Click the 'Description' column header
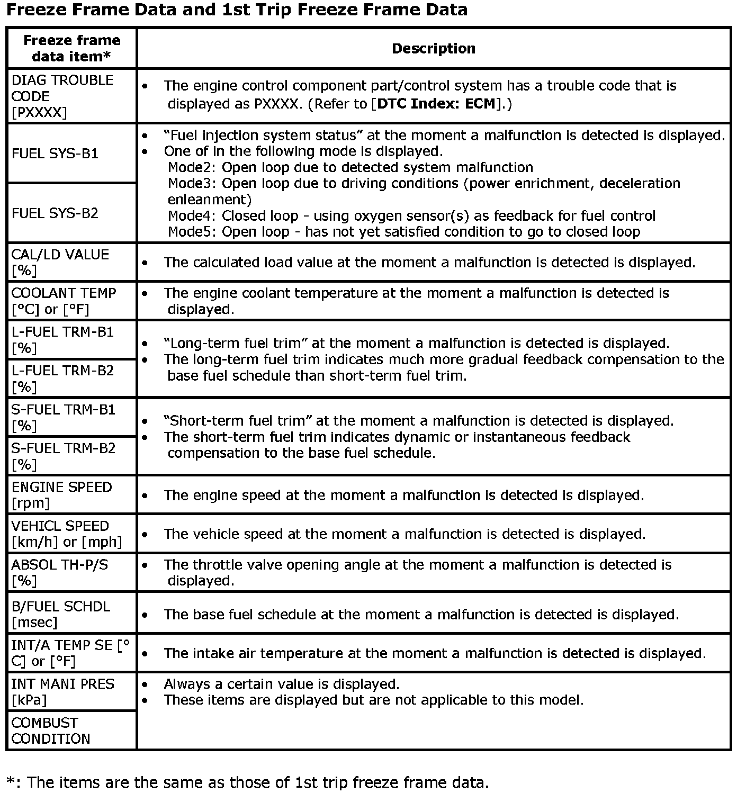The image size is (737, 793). click(433, 49)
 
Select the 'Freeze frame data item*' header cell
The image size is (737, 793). click(71, 48)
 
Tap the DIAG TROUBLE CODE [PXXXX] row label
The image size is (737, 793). click(62, 96)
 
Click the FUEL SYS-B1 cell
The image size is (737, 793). click(55, 154)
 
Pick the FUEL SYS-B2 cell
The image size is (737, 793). click(55, 213)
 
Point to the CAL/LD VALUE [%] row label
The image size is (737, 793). click(60, 262)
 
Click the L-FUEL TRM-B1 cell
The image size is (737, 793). click(62, 339)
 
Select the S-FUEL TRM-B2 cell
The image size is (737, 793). click(63, 456)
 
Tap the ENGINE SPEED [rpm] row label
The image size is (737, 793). click(61, 494)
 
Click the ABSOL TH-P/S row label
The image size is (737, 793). click(59, 572)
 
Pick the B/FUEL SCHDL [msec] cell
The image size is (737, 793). click(60, 614)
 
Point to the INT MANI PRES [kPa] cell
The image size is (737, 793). click(62, 691)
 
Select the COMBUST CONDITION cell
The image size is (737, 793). click(50, 731)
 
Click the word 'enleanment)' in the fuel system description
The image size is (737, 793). click(209, 200)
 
